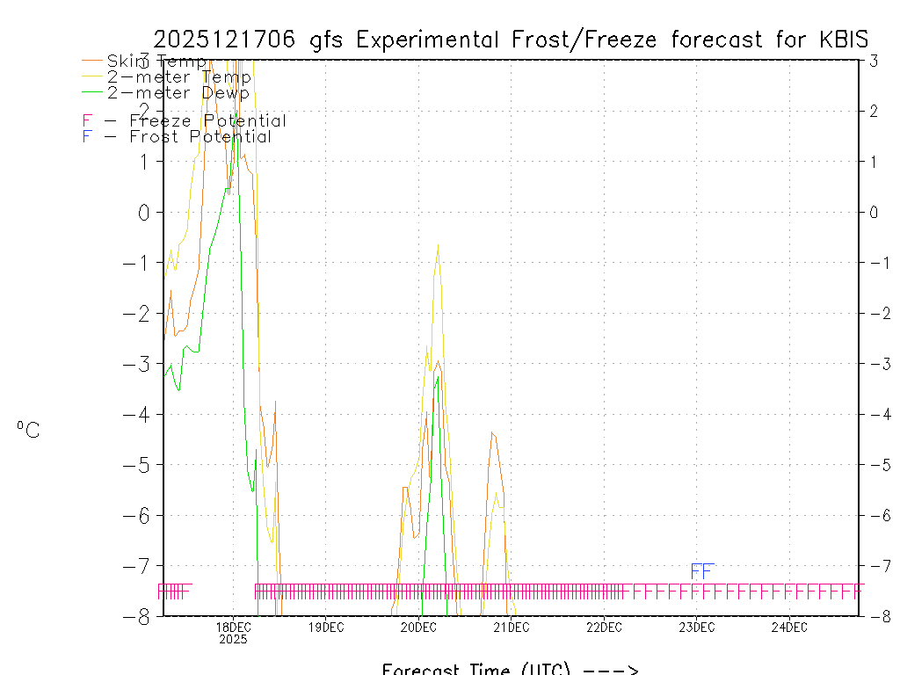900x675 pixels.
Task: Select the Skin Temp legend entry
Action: tap(156, 62)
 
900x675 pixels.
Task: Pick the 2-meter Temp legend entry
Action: tap(178, 77)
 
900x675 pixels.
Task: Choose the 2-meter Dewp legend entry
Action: tap(178, 92)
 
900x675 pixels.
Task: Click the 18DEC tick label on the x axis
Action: tap(233, 628)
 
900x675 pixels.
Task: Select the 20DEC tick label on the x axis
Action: tap(418, 628)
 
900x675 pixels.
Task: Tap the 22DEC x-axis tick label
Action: tap(604, 628)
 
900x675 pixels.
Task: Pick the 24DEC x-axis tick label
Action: tap(789, 628)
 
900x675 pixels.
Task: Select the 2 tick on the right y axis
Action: tap(873, 111)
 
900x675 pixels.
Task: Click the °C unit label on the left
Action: tap(28, 430)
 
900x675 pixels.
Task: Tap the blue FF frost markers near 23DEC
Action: tap(701, 571)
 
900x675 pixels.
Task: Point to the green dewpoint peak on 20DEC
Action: tap(437, 376)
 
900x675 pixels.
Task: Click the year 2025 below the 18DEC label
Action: tap(233, 640)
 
